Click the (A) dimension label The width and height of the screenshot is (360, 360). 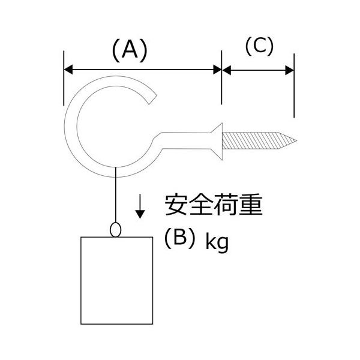tap(130, 50)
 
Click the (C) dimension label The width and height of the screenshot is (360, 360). tap(259, 46)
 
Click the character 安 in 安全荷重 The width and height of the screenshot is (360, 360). tap(176, 205)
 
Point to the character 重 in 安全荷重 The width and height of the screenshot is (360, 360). tap(251, 205)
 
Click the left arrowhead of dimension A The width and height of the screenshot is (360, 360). tap(68, 70)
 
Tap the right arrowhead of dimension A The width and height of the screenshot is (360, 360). tap(217, 70)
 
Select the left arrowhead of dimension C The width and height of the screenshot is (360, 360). tap(227, 70)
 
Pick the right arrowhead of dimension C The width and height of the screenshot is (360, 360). tap(290, 70)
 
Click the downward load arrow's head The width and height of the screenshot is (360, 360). tap(140, 214)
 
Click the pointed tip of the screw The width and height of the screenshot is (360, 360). tap(296, 140)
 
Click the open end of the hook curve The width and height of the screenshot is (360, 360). tap(153, 100)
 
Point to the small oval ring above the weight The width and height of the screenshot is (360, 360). tap(115, 230)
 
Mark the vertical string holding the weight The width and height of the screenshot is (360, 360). tap(116, 195)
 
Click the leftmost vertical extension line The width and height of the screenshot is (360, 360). tap(64, 78)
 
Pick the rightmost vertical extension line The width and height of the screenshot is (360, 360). tap(294, 86)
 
